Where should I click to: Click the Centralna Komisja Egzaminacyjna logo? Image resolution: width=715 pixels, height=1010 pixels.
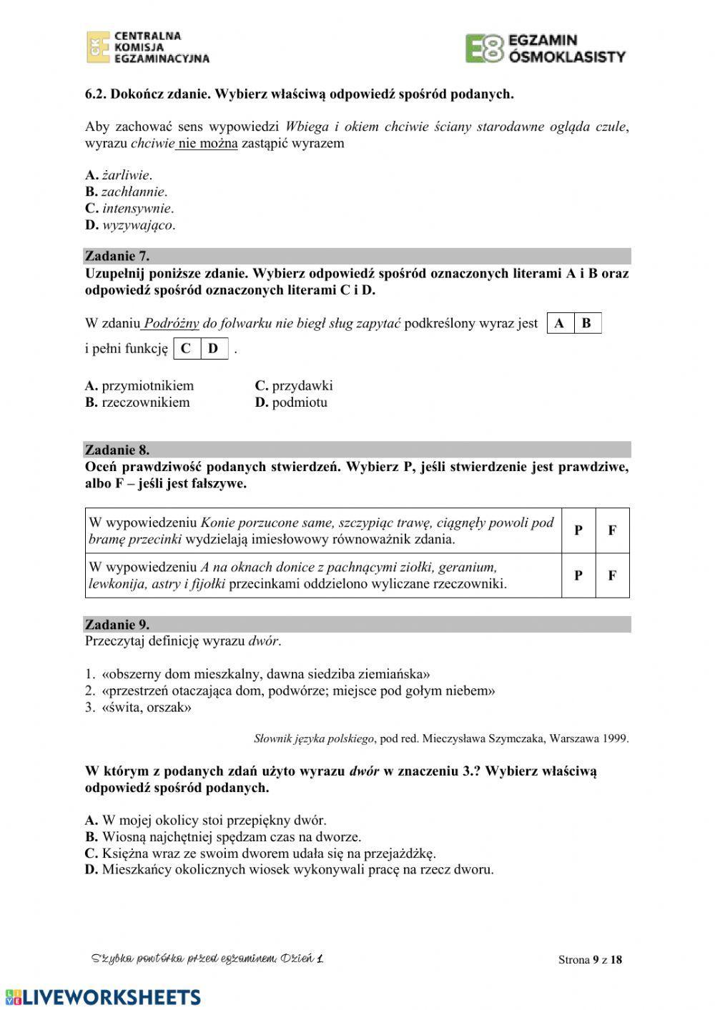(x=148, y=47)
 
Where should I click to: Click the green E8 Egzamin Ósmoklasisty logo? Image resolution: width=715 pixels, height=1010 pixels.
(x=546, y=48)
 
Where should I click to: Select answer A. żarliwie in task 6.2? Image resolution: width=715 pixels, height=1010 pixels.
(x=119, y=175)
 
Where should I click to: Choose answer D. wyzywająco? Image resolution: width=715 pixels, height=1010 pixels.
(x=130, y=225)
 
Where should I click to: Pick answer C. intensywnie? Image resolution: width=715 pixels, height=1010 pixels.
(x=129, y=209)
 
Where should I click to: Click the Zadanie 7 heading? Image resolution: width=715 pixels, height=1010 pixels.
(x=117, y=256)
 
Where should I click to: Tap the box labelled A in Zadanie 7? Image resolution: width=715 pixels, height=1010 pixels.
(x=560, y=323)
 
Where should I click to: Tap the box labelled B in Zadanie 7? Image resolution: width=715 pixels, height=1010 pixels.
(x=587, y=323)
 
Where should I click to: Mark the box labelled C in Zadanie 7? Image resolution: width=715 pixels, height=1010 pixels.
(x=186, y=349)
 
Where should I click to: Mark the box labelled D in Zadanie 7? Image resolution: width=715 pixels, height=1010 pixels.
(x=213, y=349)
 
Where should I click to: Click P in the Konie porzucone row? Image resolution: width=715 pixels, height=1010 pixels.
(x=578, y=530)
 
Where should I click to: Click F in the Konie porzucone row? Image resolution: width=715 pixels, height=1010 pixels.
(x=612, y=530)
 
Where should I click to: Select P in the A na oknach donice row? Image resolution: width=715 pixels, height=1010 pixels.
(x=578, y=575)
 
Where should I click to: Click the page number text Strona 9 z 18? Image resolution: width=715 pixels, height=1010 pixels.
(x=590, y=959)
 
